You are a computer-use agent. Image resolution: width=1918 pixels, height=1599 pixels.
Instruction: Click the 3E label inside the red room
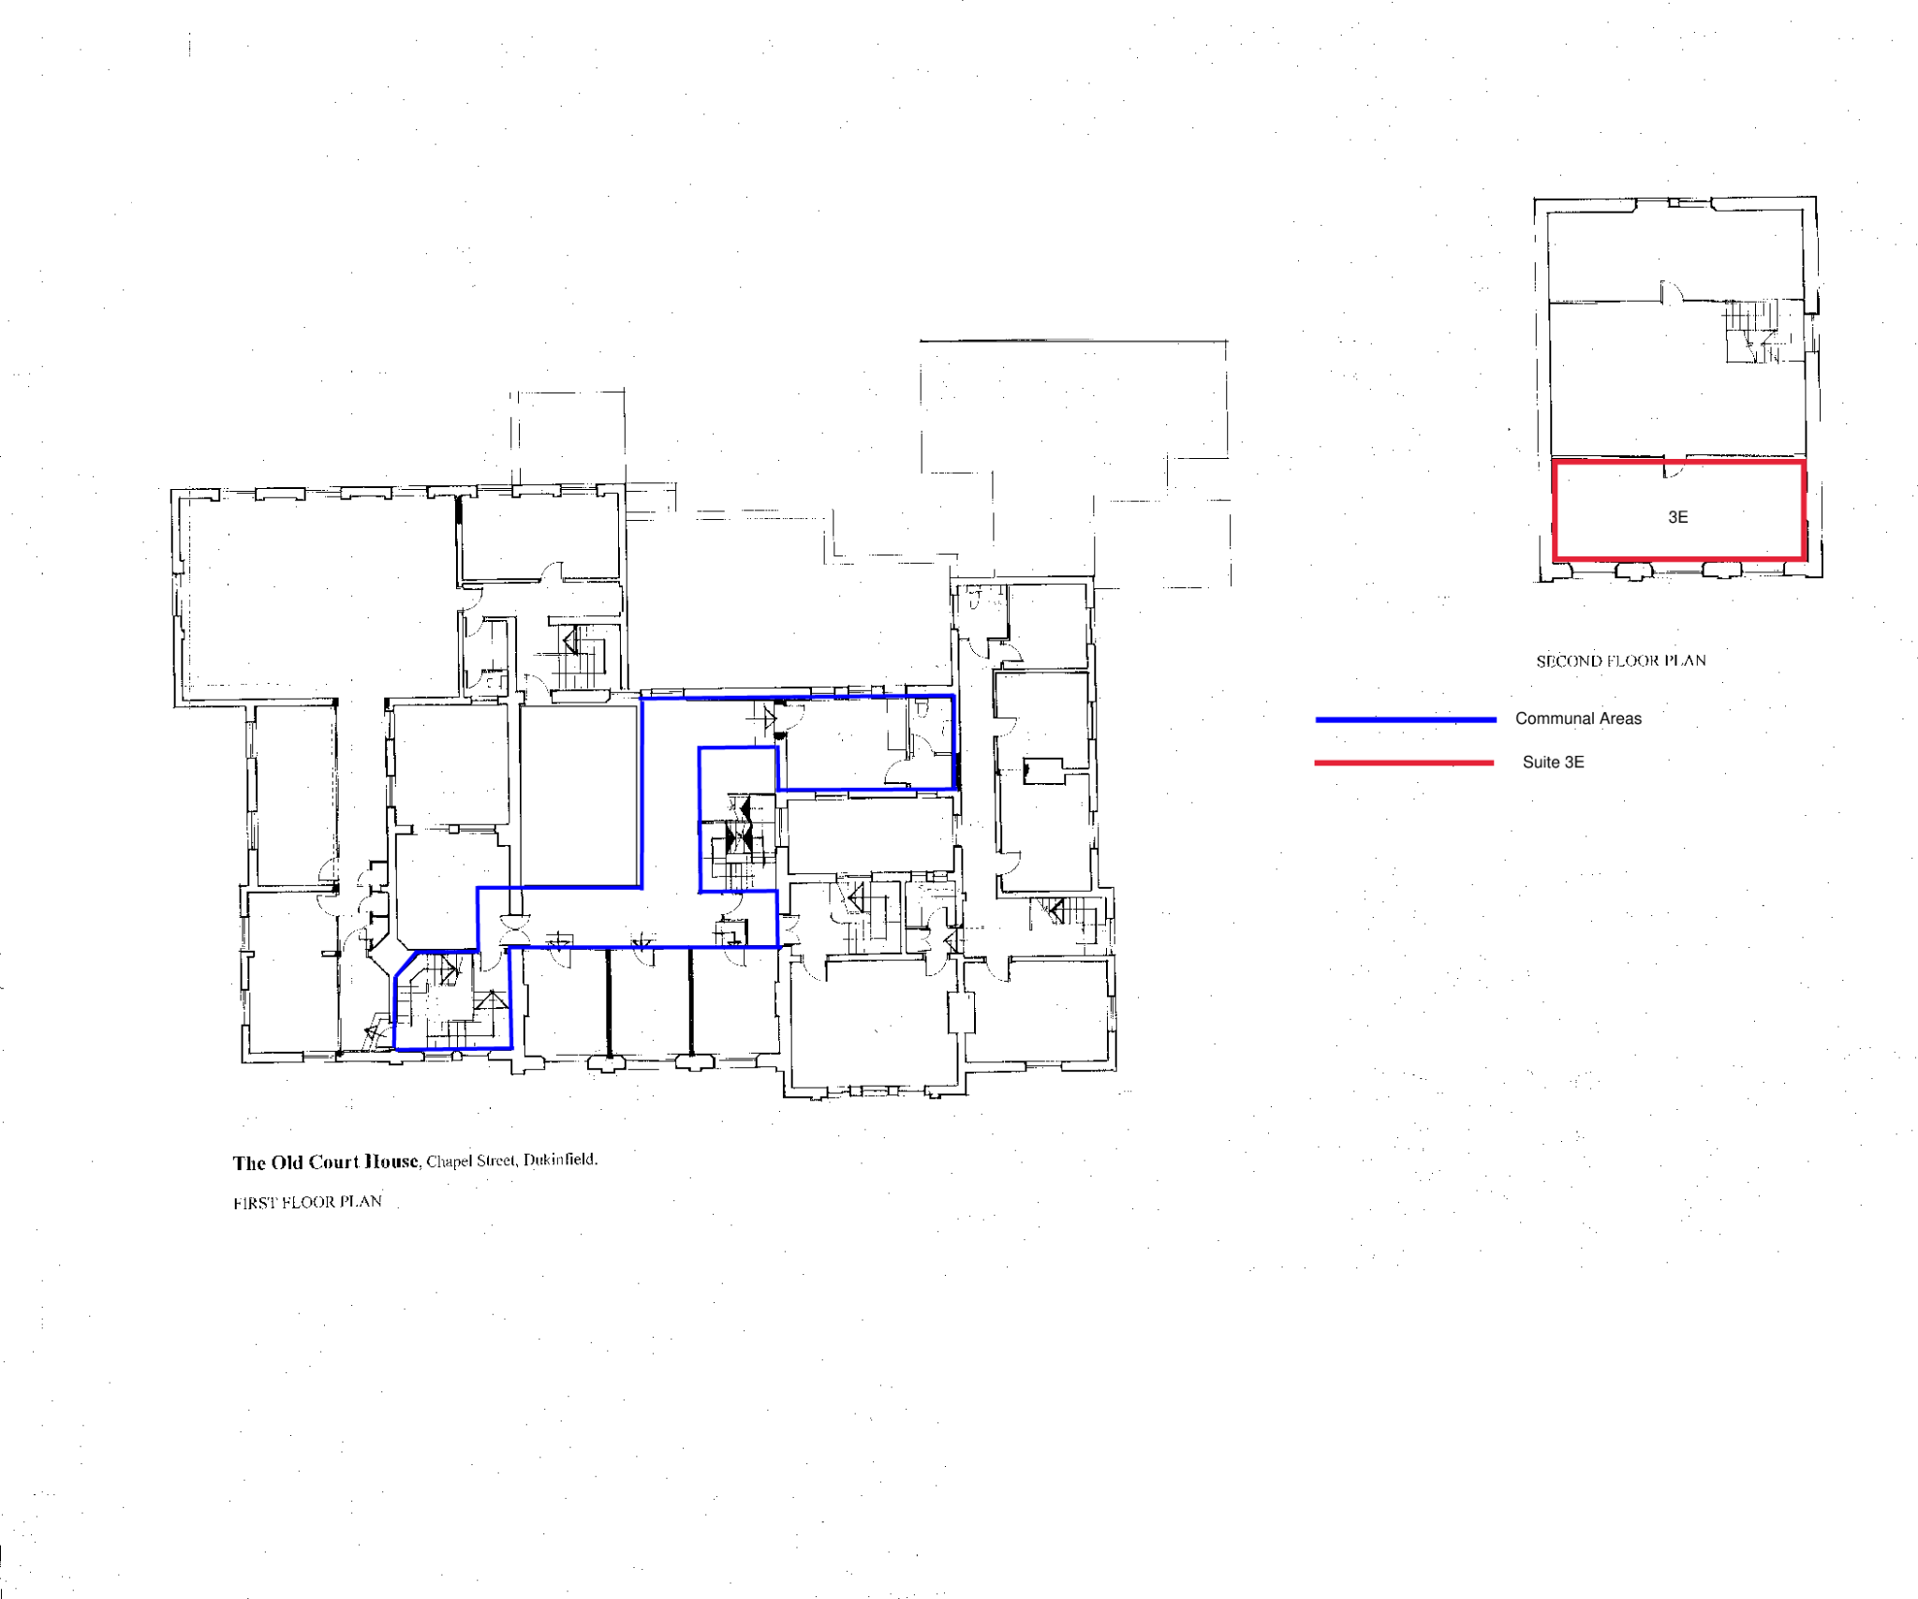pyautogui.click(x=1677, y=517)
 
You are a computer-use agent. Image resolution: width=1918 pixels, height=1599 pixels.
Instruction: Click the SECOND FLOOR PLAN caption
pyautogui.click(x=1620, y=660)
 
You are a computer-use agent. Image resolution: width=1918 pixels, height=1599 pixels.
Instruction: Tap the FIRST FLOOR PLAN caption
pyautogui.click(x=307, y=1202)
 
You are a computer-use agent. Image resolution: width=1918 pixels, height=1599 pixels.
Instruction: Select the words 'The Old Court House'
pyautogui.click(x=325, y=1162)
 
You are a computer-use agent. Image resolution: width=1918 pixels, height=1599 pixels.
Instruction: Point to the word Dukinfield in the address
pyautogui.click(x=560, y=1160)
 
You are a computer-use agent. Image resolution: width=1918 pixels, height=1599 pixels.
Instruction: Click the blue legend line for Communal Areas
pyautogui.click(x=1405, y=719)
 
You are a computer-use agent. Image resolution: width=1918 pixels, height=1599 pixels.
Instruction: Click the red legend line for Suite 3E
pyautogui.click(x=1403, y=762)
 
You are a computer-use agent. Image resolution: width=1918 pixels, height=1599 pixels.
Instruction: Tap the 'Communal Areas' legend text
pyautogui.click(x=1578, y=718)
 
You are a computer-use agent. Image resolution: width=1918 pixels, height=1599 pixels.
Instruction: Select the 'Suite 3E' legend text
pyautogui.click(x=1553, y=762)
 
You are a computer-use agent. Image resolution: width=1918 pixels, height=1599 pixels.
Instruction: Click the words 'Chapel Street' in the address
pyautogui.click(x=470, y=1162)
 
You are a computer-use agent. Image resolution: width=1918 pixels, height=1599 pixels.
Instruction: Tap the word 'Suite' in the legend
pyautogui.click(x=1541, y=762)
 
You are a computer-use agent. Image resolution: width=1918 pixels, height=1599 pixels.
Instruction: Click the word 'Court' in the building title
pyautogui.click(x=334, y=1162)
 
